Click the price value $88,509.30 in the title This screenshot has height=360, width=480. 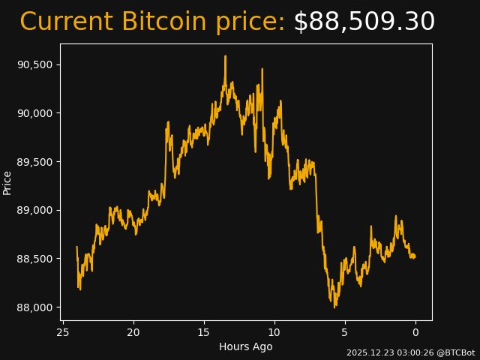point(364,22)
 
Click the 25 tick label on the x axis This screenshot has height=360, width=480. point(63,332)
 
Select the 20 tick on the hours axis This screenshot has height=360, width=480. point(133,332)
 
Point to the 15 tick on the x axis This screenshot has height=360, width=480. point(204,332)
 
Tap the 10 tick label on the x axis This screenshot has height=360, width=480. point(274,332)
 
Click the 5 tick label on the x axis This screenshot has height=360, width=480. point(345,332)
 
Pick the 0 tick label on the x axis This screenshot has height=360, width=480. point(415,332)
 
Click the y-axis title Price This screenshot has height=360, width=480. point(7,182)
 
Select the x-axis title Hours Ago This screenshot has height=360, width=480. point(246,346)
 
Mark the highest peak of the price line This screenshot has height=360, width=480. point(225,56)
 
